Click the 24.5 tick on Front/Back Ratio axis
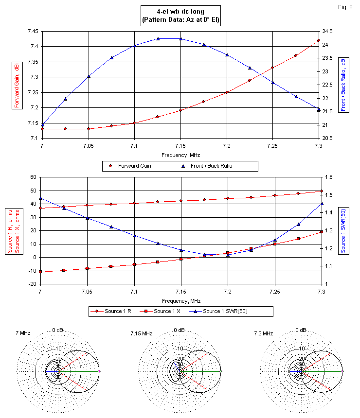[x=328, y=31]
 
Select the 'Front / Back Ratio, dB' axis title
[x=343, y=85]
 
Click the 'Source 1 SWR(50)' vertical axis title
[x=343, y=229]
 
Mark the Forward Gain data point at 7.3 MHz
[x=319, y=40]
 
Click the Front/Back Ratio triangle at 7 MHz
[x=42, y=124]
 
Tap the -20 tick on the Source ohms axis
[x=33, y=283]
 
